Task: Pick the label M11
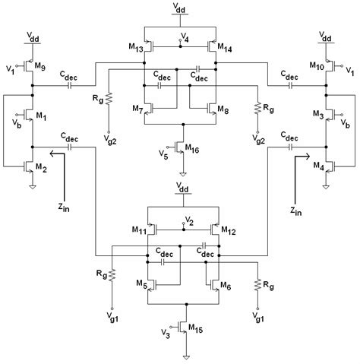coord(139,229)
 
